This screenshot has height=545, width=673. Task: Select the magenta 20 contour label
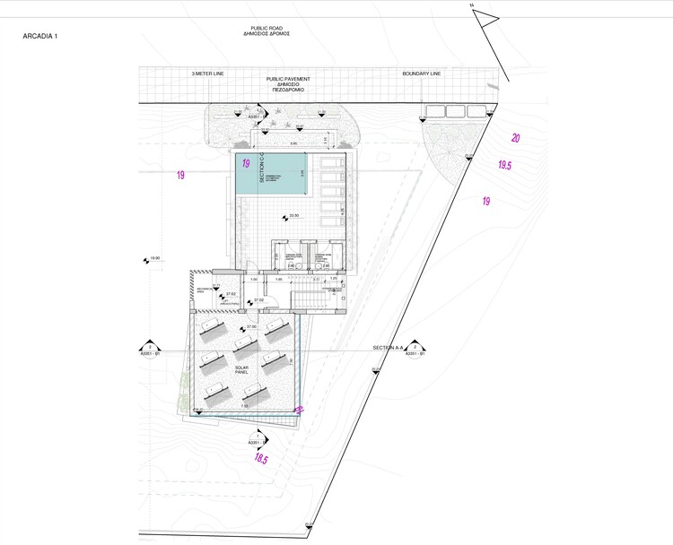tap(515, 138)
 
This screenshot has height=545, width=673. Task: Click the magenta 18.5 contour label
tap(260, 459)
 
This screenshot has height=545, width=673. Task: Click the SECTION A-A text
tap(389, 346)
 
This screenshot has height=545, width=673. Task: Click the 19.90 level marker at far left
tap(153, 260)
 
